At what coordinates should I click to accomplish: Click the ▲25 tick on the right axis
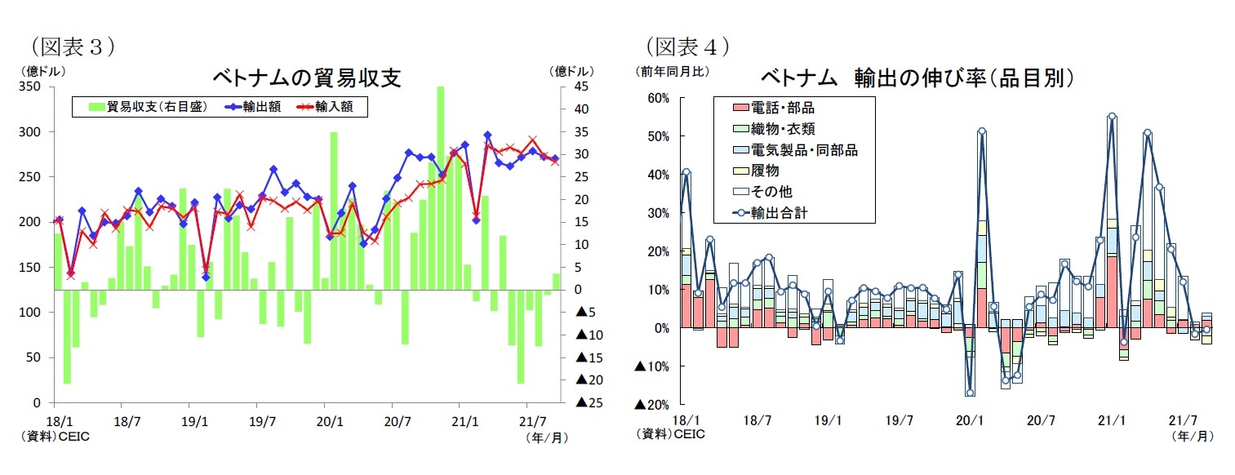[x=589, y=402]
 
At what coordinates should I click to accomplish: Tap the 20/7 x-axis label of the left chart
[x=393, y=421]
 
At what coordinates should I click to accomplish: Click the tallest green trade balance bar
[x=441, y=188]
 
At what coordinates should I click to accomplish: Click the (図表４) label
[x=686, y=46]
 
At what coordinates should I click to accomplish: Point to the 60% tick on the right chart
[x=657, y=98]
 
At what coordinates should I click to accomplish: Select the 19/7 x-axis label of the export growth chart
[x=899, y=421]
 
